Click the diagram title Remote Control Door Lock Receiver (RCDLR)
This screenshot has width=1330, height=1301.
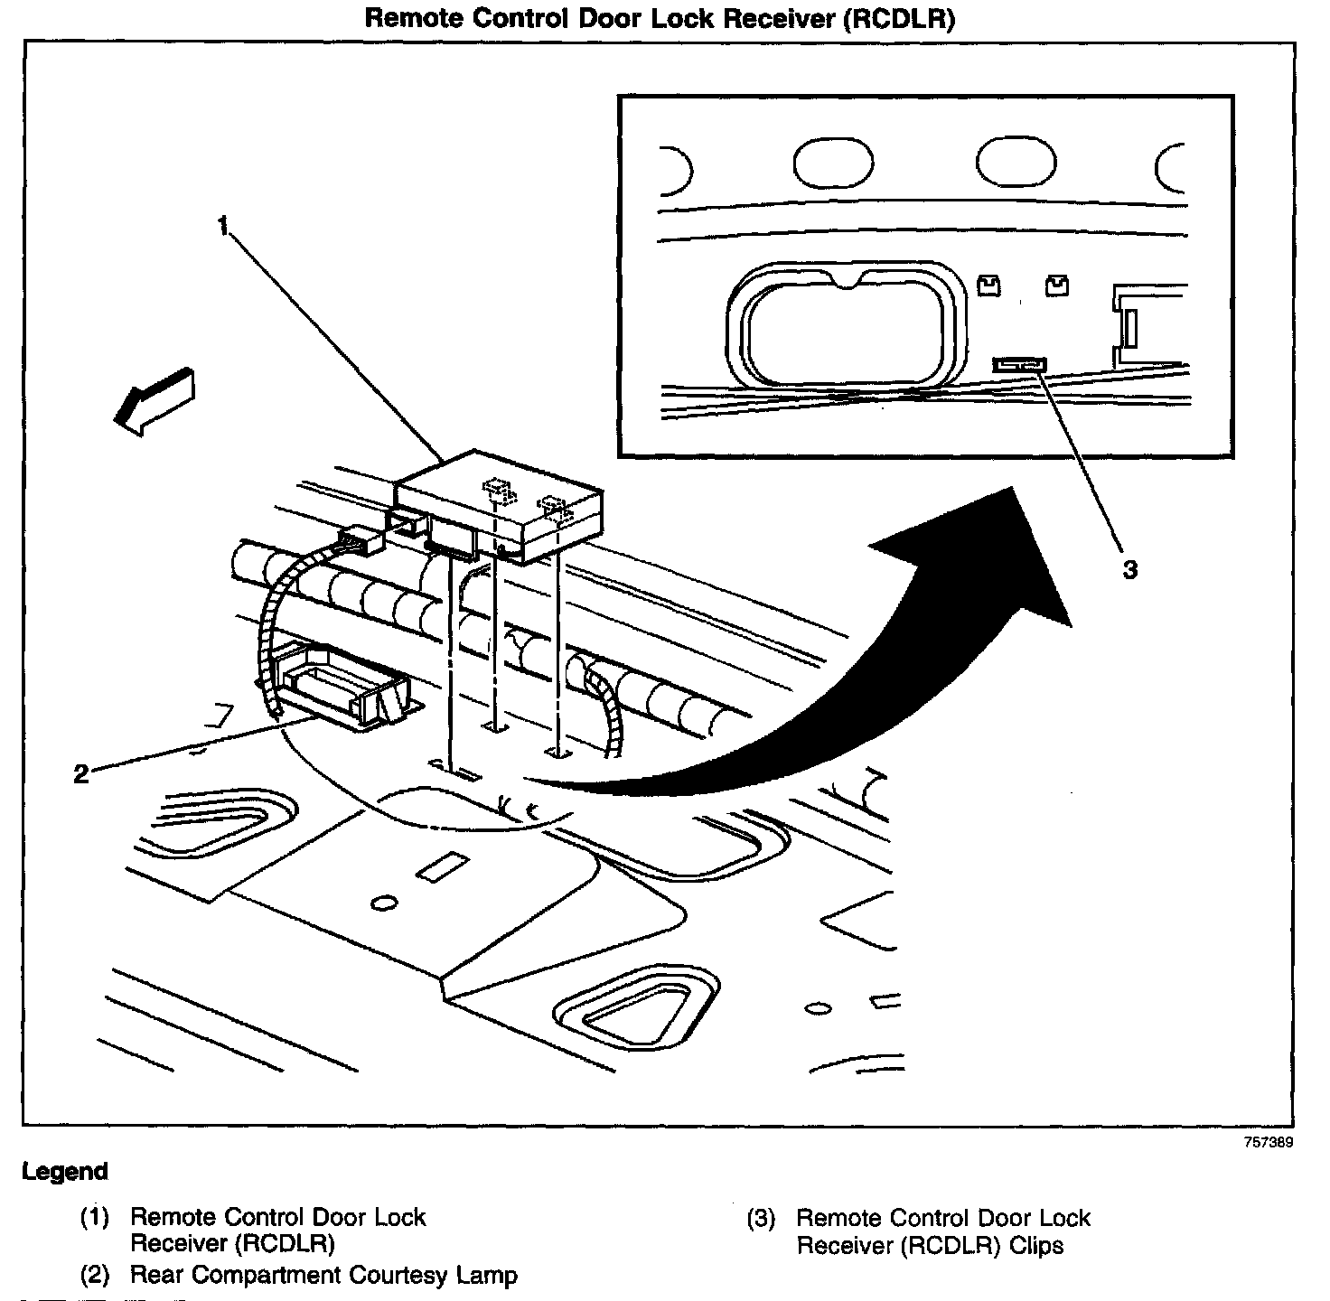click(660, 19)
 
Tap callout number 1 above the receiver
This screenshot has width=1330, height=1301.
click(223, 226)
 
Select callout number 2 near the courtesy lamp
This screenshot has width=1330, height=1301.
click(81, 773)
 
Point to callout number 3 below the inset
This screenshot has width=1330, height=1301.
click(1129, 570)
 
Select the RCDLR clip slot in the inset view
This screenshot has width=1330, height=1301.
click(1019, 364)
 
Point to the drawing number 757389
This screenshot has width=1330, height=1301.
click(1268, 1141)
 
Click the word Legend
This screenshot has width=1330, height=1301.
click(65, 1172)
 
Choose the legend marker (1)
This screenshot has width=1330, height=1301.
click(95, 1218)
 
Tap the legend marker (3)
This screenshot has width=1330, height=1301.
click(761, 1219)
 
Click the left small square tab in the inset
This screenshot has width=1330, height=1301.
click(989, 285)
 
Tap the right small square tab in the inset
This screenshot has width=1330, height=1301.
click(1055, 285)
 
